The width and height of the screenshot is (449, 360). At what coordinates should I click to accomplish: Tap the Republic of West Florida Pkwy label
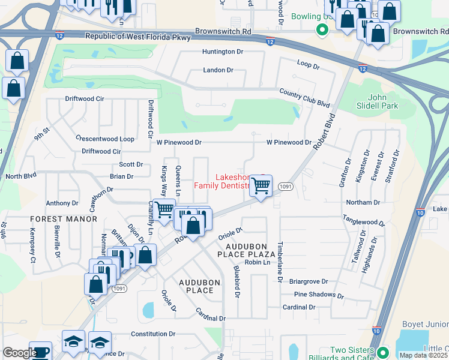coord(138,37)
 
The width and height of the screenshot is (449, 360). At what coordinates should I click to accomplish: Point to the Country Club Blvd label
coord(305,96)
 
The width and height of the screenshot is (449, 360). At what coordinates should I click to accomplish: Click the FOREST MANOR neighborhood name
coord(64,219)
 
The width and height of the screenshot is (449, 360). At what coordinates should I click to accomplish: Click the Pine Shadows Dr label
coord(318,295)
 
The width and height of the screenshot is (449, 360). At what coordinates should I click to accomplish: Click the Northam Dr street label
coord(363,203)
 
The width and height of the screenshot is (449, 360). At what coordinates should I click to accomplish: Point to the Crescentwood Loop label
coord(105,139)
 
